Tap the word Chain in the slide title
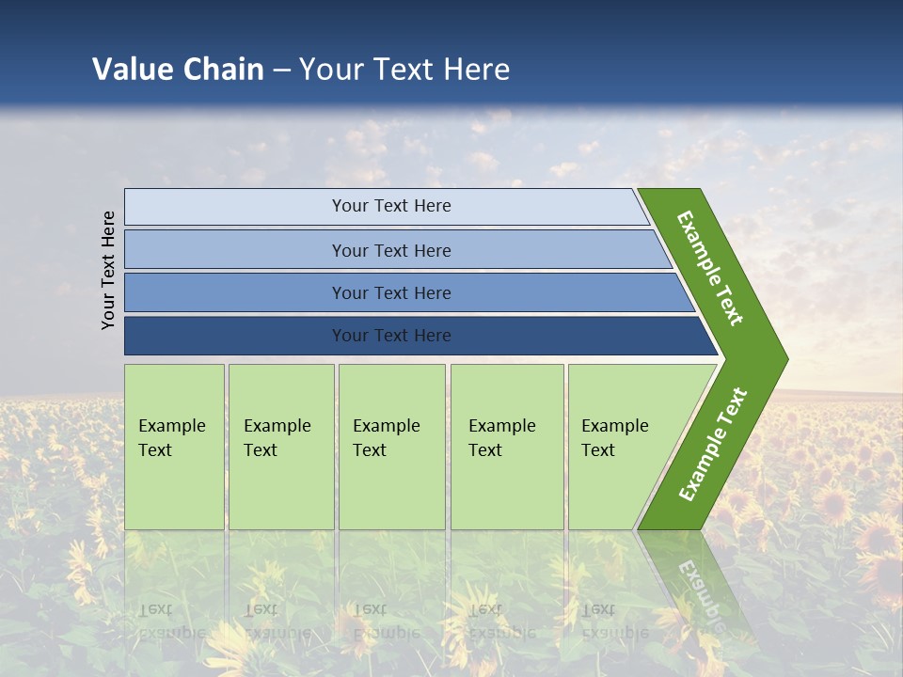click(x=224, y=69)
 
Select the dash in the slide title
click(x=281, y=70)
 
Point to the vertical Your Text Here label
click(x=108, y=270)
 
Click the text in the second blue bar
click(x=390, y=250)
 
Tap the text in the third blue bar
click(x=390, y=292)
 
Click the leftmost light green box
click(x=174, y=447)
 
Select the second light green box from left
click(x=281, y=447)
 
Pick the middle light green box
click(x=391, y=447)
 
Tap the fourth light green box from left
click(x=507, y=447)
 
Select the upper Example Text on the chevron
click(x=710, y=268)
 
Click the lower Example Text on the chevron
click(x=712, y=445)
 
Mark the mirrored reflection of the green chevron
click(x=696, y=583)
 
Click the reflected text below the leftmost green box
click(x=172, y=621)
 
